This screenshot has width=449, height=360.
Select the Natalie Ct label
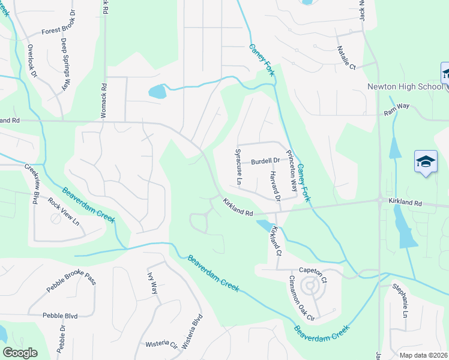[x=346, y=57]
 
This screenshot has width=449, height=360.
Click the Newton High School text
[x=405, y=86]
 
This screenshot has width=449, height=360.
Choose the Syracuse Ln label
[x=238, y=166]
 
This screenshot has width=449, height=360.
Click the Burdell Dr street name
[x=266, y=161]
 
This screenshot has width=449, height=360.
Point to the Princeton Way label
[x=291, y=171]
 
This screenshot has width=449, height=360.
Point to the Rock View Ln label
[x=64, y=211]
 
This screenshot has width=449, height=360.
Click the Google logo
[x=20, y=353]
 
